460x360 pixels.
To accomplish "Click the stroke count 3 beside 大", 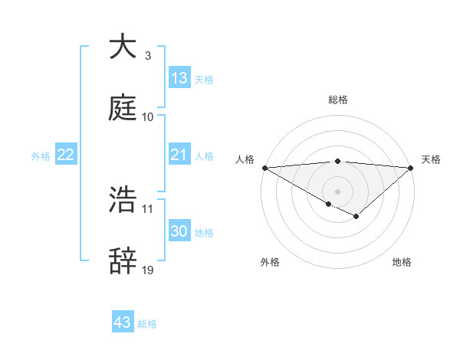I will point(147,56).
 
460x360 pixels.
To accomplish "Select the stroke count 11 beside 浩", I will point(148,208).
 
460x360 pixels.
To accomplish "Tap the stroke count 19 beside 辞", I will point(148,270).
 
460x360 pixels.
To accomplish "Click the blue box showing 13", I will point(179,78).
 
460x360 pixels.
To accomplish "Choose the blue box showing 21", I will point(179,155).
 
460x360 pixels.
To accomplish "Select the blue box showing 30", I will point(179,231).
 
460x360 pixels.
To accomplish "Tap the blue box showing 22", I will point(65,155).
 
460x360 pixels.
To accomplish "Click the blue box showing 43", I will point(122,322).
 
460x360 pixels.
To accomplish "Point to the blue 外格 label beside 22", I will point(41,155).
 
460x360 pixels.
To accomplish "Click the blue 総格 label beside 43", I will point(147,324).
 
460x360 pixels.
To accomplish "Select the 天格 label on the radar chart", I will point(431,159).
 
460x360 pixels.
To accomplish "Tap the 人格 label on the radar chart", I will point(245,159).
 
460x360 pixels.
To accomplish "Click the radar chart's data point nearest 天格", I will point(411,168).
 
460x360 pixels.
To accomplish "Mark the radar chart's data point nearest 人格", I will point(264,168).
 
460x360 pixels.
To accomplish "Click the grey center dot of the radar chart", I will point(337,191).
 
